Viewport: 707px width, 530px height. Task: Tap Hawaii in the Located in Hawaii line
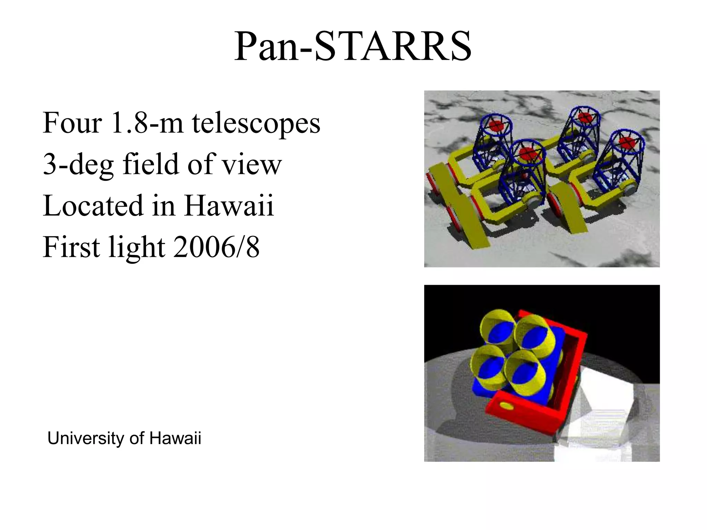229,206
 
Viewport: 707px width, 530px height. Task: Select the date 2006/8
216,247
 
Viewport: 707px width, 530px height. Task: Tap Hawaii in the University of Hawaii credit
175,439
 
